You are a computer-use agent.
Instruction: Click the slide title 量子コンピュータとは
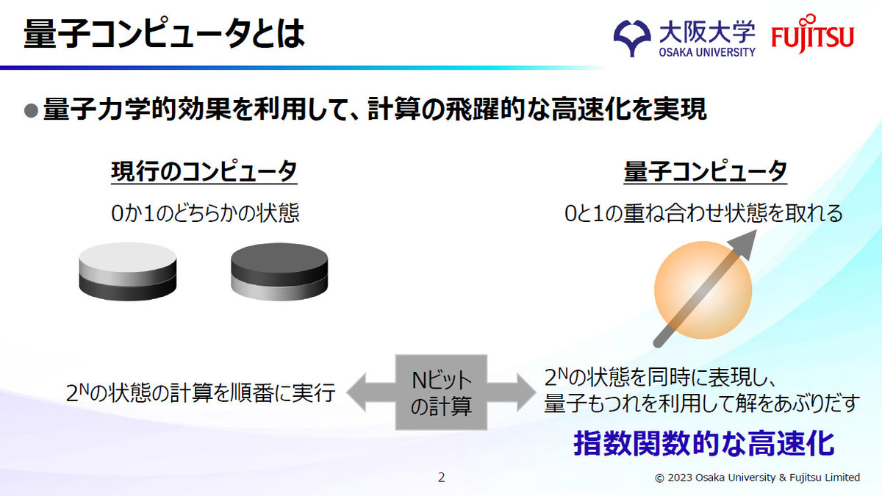tap(164, 34)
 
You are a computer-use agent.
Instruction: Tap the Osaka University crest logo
tap(632, 38)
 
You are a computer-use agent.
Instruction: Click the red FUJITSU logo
tap(812, 34)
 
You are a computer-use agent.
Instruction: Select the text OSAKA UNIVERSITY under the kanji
tap(707, 52)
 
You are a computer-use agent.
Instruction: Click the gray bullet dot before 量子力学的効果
tap(31, 110)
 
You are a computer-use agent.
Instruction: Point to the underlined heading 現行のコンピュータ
tap(204, 172)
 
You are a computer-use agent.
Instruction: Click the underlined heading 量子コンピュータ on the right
tap(705, 172)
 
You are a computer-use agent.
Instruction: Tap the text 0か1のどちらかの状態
tap(205, 213)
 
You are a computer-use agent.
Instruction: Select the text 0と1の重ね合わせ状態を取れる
tap(703, 213)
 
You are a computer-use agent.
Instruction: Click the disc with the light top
tap(128, 272)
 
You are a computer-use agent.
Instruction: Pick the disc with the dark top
tap(279, 272)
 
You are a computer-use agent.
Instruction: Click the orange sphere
tap(703, 290)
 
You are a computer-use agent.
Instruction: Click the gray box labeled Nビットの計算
tap(441, 392)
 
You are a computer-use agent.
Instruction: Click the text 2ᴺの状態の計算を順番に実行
tap(201, 393)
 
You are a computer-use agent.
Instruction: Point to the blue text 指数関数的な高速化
tap(703, 444)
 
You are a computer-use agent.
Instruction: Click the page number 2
tap(442, 478)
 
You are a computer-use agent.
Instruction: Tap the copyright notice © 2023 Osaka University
tap(757, 478)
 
